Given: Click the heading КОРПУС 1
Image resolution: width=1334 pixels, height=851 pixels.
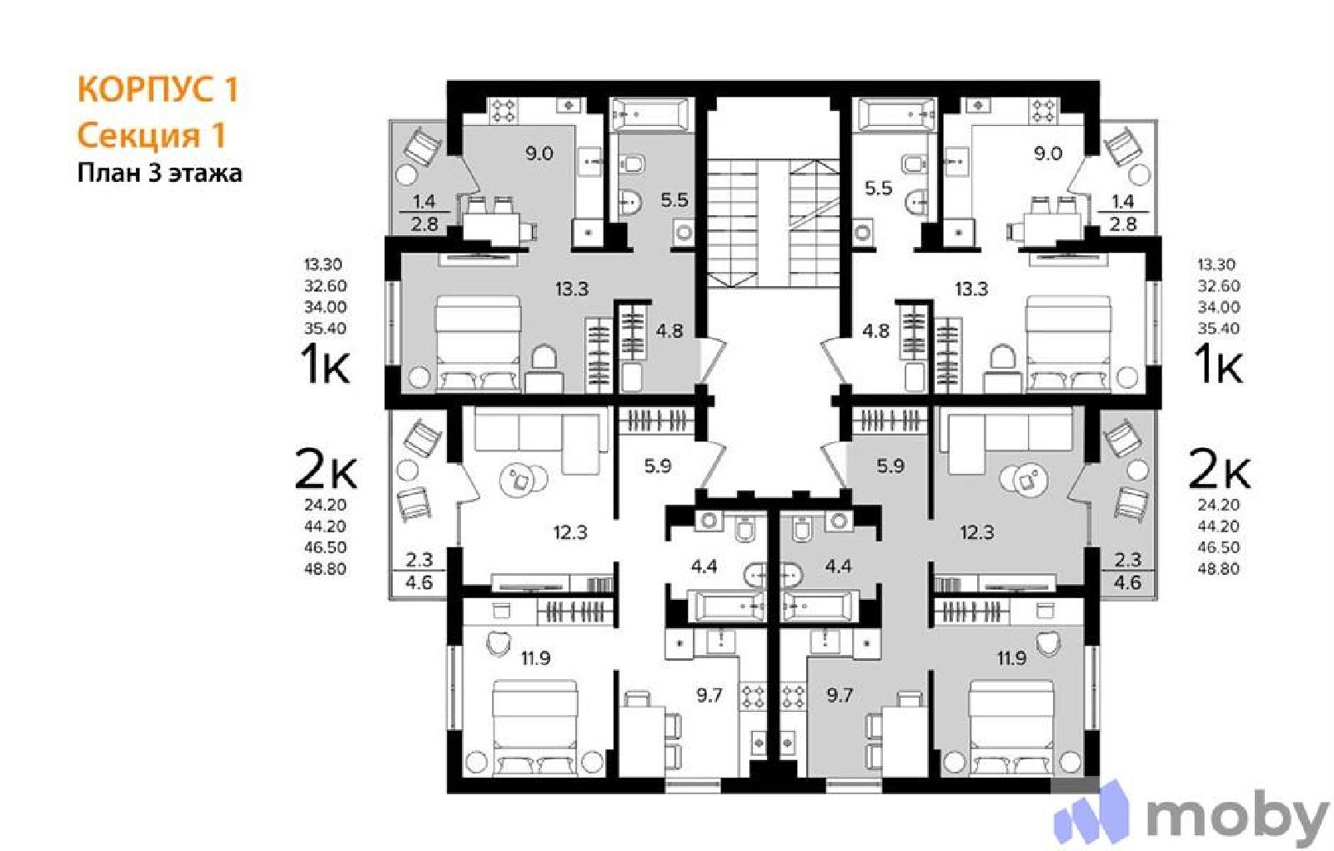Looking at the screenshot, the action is point(158,89).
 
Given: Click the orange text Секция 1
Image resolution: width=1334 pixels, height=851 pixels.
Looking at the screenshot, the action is point(152,135).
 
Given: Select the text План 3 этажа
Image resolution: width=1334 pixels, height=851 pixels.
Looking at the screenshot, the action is point(159,174).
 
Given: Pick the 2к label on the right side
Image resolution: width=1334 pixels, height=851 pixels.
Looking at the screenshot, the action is point(1219,468).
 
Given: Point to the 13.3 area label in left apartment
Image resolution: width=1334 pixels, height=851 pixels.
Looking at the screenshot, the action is point(572,290).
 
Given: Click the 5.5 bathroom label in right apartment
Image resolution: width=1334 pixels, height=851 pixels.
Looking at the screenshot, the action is point(879,189).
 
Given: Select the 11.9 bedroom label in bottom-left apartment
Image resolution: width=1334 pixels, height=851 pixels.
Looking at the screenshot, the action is point(536,658).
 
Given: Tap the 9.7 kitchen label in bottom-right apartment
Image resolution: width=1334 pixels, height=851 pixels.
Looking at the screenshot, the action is point(840,696).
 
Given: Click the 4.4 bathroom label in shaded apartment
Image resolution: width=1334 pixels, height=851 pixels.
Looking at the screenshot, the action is point(839,566).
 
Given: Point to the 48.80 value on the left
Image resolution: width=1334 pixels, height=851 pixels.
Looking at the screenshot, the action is point(325,568).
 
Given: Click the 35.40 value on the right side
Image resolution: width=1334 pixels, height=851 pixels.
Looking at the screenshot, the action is point(1218,329).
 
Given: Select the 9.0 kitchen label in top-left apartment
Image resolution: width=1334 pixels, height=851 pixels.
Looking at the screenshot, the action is point(539,154).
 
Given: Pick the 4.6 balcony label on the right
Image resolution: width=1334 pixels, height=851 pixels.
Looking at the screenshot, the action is point(1127,582).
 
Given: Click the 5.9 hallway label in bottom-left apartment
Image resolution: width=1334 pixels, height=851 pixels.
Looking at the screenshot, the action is point(658,466).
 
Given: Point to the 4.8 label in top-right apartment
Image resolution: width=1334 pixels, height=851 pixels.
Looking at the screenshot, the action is point(876,330).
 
